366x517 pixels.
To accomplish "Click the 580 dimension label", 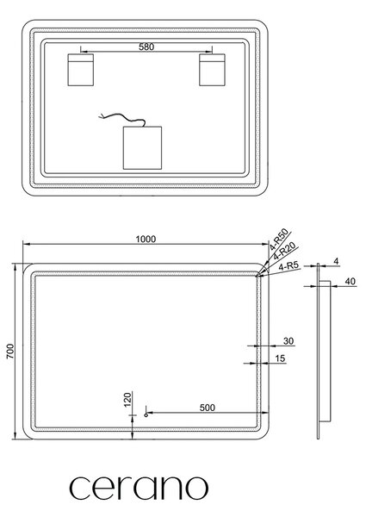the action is coord(146,47).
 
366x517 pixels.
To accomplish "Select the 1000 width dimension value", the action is coord(146,239).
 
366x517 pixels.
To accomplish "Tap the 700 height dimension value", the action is coord(10,352).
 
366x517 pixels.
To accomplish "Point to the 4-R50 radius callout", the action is coord(279,239).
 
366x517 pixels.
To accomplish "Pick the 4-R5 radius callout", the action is coord(288,266).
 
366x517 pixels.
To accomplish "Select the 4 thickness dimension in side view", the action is coord(336,261).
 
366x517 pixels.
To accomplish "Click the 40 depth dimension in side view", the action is coord(350,281).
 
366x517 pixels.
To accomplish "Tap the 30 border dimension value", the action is coord(288,341).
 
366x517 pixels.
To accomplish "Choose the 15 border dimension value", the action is coord(280,358).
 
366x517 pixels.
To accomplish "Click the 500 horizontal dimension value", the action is coord(208,408).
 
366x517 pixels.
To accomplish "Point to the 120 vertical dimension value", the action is coord(127,399).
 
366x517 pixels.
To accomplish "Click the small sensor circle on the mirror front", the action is coord(146,415).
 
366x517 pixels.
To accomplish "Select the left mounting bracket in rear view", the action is coord(81,70).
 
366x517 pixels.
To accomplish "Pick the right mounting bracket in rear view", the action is coord(212,70).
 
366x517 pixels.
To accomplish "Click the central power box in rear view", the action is coord(142,147).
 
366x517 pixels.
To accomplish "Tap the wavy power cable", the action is coord(122,117).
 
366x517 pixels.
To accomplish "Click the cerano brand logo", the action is coord(139,488).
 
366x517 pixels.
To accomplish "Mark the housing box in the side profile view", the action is coord(326,351).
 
